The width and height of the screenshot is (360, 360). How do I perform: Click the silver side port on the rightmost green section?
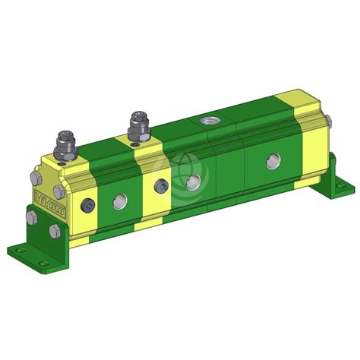(271, 161)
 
